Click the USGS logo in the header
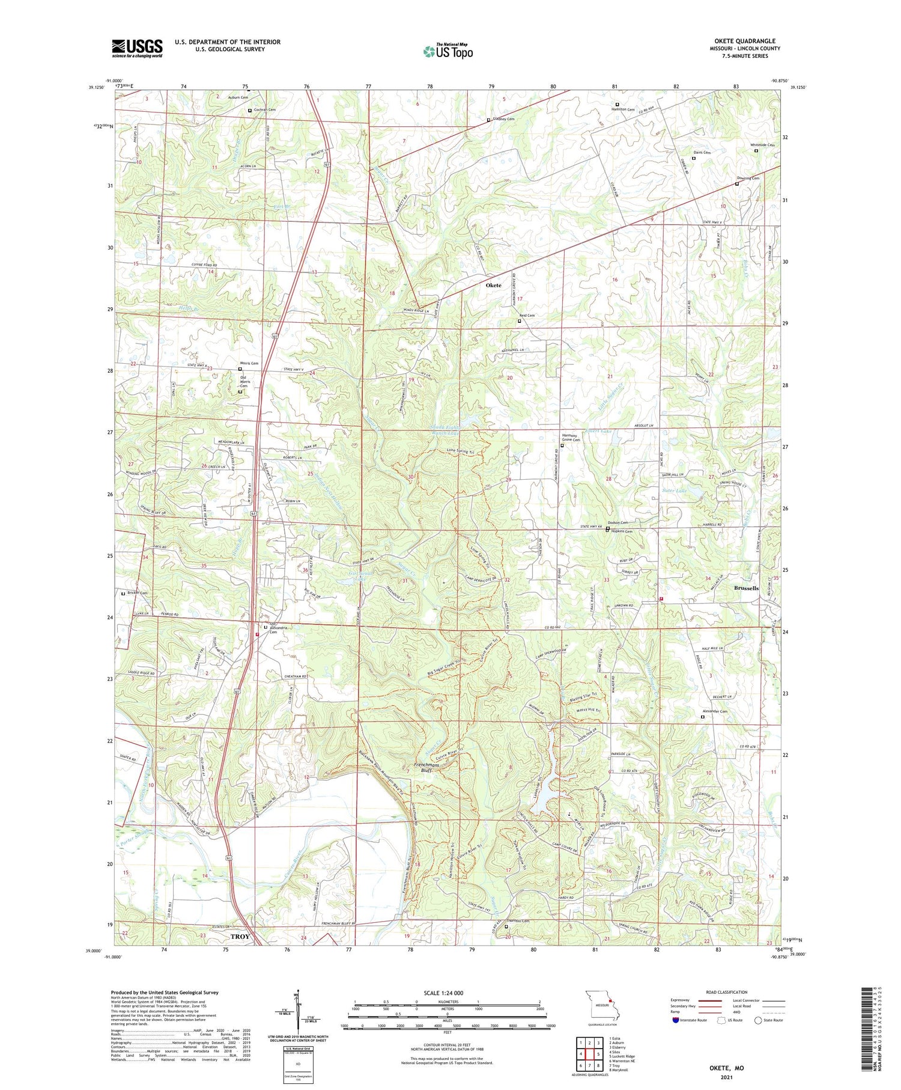pyautogui.click(x=137, y=48)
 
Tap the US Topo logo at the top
pyautogui.click(x=448, y=51)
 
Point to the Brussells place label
pyautogui.click(x=746, y=588)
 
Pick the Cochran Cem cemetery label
pyautogui.click(x=265, y=110)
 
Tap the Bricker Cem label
pyautogui.click(x=136, y=593)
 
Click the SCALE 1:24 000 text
pyautogui.click(x=446, y=993)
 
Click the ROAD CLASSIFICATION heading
pyautogui.click(x=727, y=992)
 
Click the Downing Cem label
pyautogui.click(x=748, y=179)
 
